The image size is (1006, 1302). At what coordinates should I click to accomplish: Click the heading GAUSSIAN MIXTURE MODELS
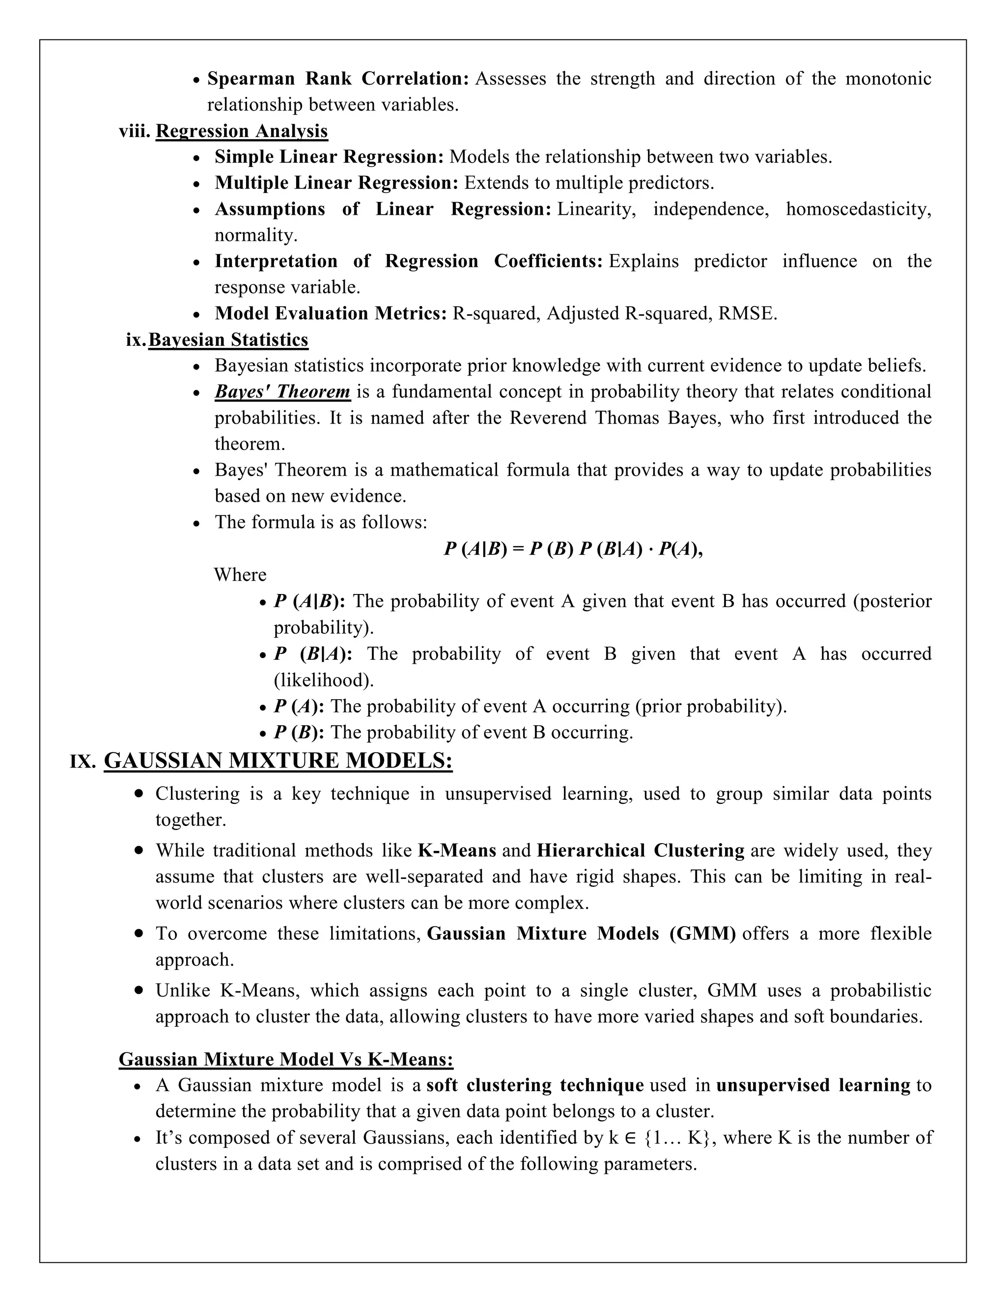[x=278, y=761]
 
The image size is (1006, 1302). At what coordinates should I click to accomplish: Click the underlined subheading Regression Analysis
[x=241, y=131]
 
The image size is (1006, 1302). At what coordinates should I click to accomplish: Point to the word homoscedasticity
[x=858, y=209]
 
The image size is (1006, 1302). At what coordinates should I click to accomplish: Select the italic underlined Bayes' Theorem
[x=282, y=392]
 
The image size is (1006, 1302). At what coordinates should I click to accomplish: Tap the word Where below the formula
[x=240, y=575]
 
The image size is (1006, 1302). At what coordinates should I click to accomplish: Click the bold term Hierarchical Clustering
[x=640, y=850]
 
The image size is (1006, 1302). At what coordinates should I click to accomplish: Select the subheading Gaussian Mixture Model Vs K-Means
[x=286, y=1059]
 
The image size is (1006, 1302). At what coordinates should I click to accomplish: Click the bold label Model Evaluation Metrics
[x=330, y=313]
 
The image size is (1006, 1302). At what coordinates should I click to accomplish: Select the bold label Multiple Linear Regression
[x=336, y=183]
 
